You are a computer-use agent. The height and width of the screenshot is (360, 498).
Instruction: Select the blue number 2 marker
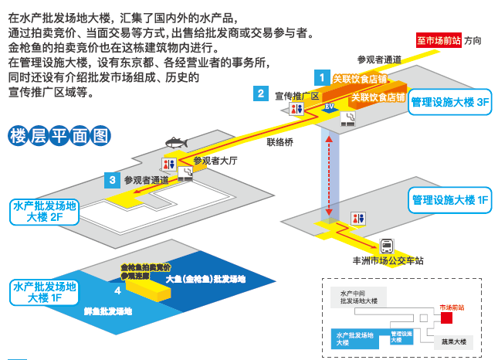point(263,94)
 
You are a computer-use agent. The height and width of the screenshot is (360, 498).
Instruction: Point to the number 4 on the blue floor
point(117,290)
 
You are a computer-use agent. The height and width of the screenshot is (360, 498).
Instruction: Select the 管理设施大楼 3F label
point(450,102)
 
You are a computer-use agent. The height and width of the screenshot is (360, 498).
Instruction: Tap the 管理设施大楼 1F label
point(450,200)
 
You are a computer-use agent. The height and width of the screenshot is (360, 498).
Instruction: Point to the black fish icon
point(176,144)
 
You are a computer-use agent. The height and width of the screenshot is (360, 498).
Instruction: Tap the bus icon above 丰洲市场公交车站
point(385,245)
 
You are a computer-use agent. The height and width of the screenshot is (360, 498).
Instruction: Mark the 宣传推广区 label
point(296,96)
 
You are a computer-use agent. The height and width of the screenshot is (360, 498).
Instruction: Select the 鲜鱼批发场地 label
point(107,311)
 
